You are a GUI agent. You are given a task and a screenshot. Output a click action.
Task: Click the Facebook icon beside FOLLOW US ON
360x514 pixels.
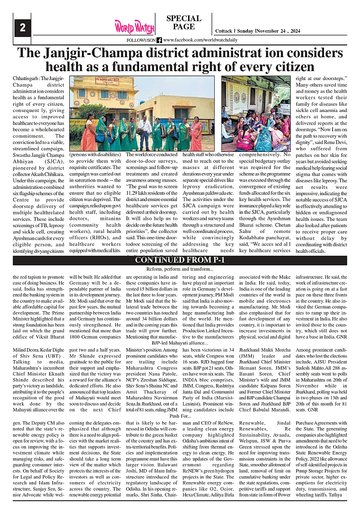159,40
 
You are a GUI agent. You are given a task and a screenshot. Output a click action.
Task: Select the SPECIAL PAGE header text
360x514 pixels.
184,22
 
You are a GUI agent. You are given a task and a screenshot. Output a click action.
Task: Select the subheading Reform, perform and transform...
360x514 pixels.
180,268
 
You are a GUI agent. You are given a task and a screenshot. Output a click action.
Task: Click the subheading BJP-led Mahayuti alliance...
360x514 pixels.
180,343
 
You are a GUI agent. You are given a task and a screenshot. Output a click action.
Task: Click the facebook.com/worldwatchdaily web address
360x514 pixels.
200,40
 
